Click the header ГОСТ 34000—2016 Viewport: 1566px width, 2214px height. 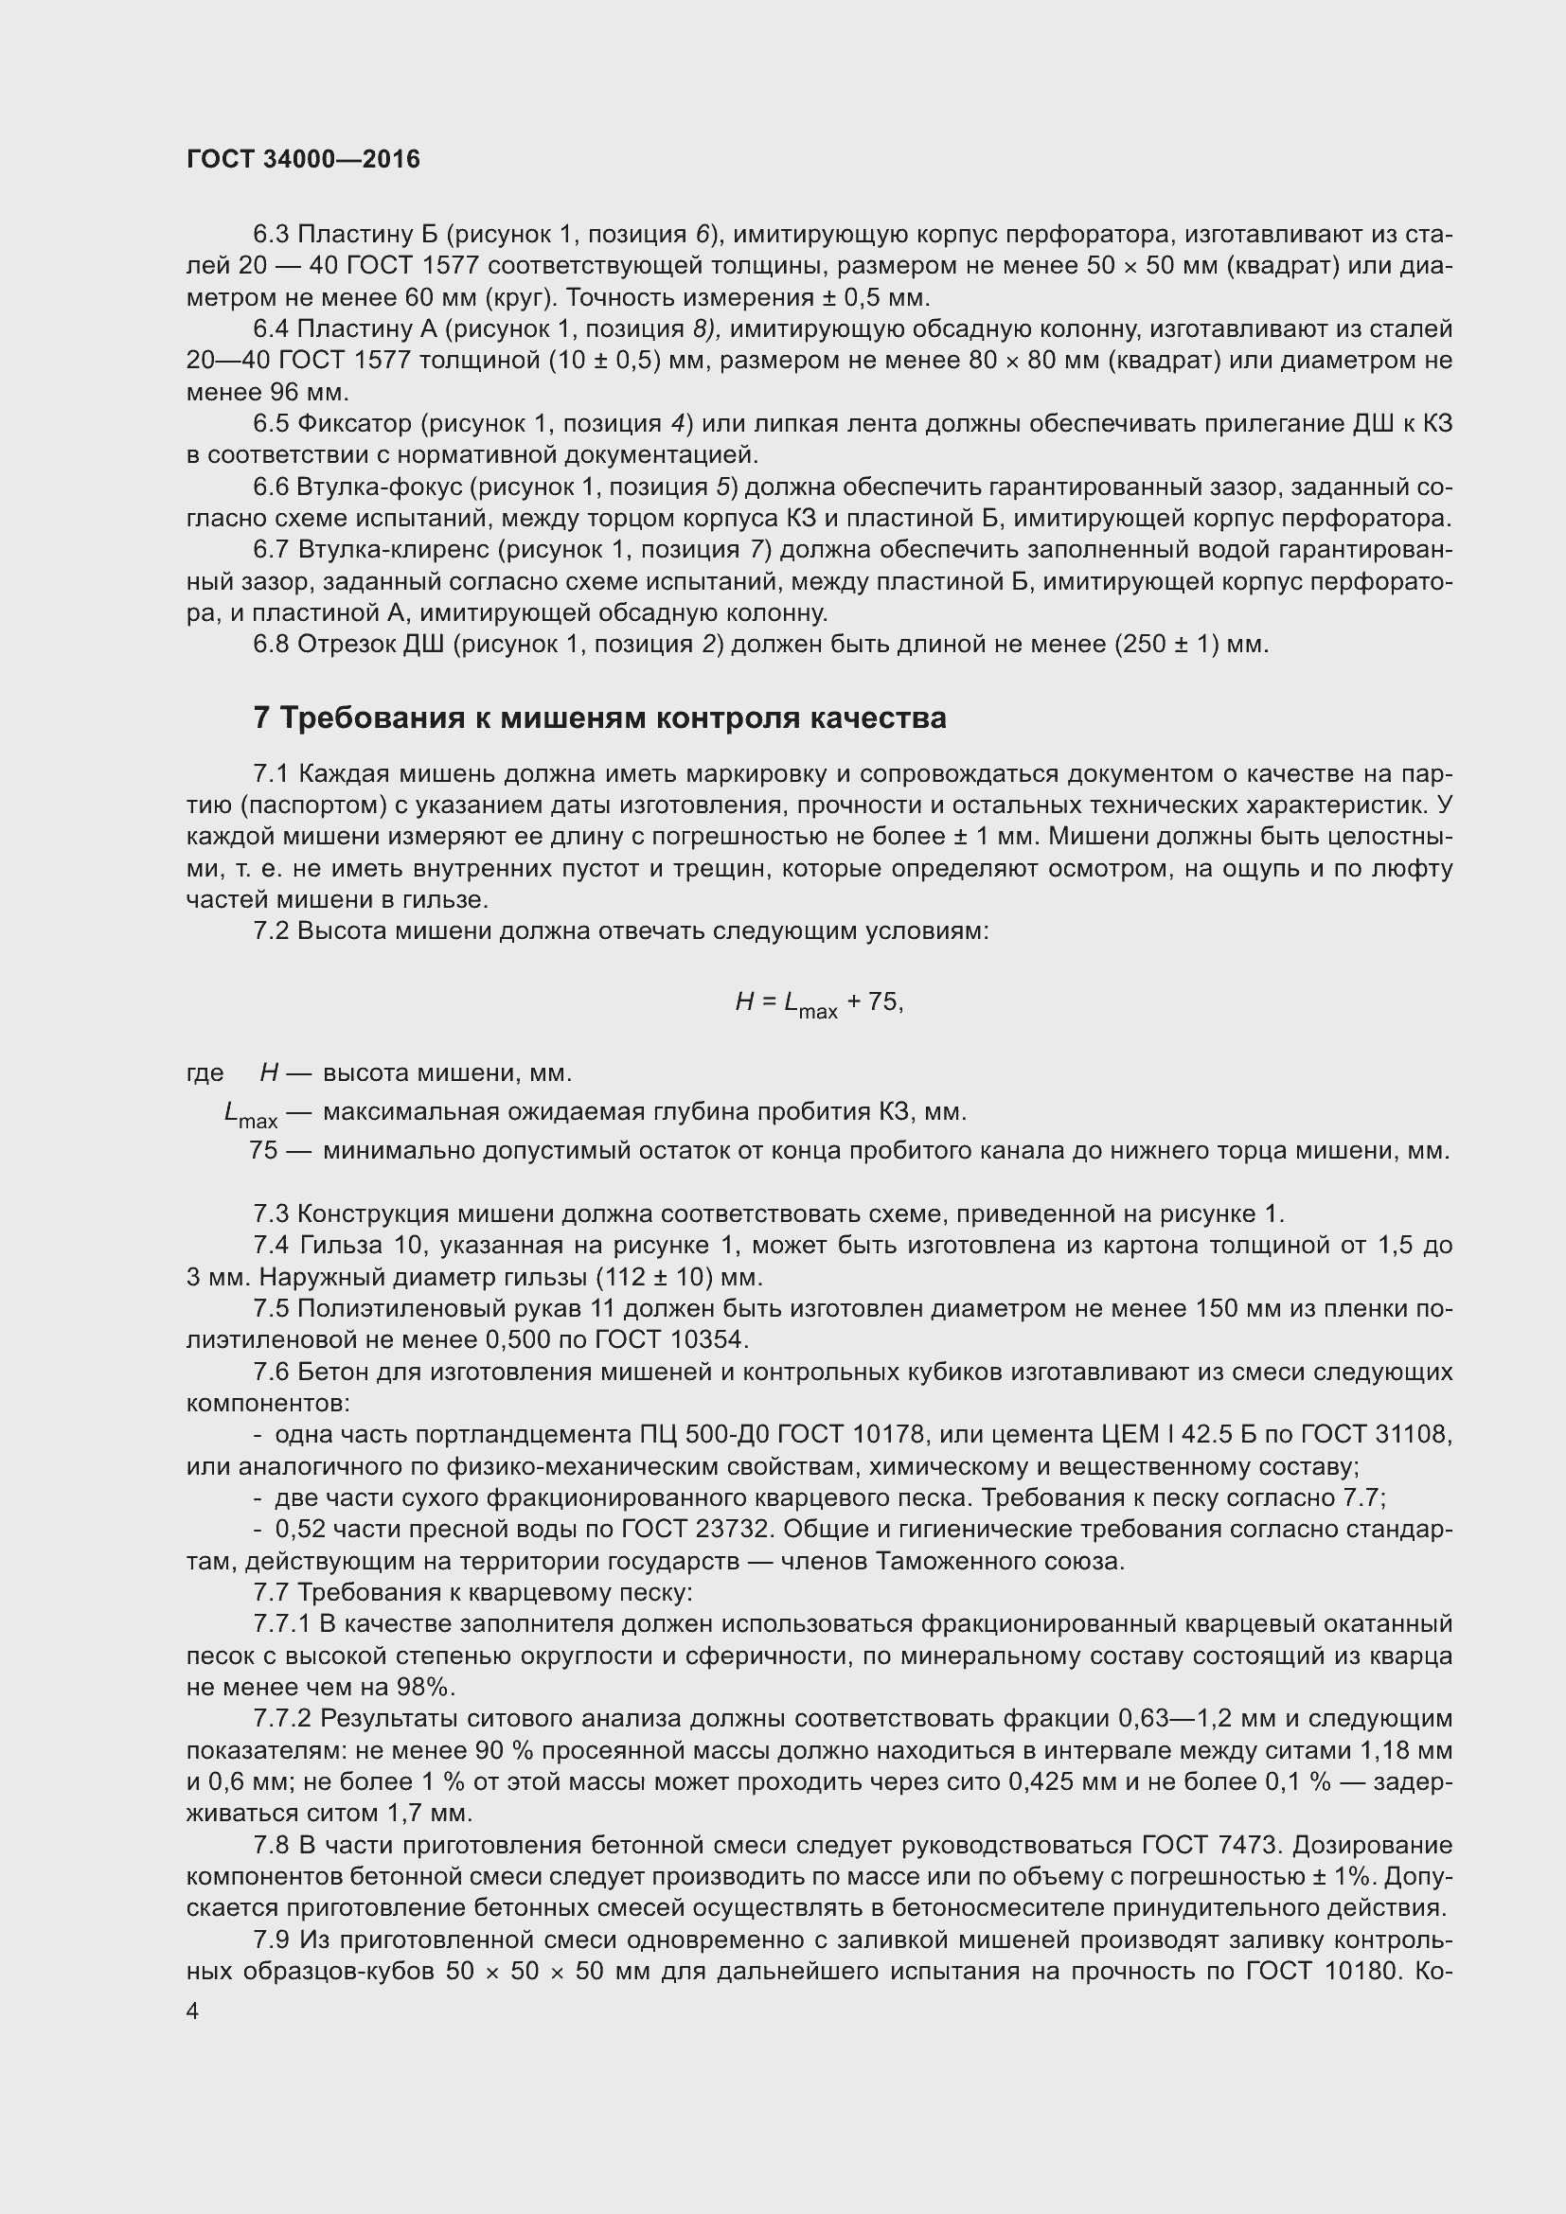point(303,159)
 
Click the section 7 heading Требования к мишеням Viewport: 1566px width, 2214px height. point(598,717)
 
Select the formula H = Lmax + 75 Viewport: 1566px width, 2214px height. point(819,1003)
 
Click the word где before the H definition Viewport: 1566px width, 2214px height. point(205,1073)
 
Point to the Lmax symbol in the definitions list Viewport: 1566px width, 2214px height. point(250,1115)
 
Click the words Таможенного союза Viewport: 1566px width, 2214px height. point(999,1561)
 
